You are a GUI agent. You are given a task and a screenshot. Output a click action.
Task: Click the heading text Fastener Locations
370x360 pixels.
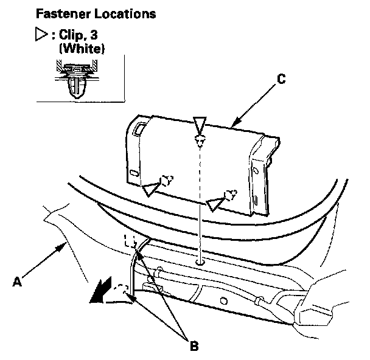click(87, 13)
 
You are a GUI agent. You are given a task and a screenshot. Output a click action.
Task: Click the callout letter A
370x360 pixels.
click(19, 281)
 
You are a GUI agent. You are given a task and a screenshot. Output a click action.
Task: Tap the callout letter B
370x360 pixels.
click(194, 346)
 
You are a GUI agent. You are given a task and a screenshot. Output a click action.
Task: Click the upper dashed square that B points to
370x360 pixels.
click(129, 241)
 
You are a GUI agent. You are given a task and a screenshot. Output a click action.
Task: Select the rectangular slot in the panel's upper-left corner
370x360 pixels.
click(139, 128)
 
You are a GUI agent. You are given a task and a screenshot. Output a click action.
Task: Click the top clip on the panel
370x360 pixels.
click(200, 140)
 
